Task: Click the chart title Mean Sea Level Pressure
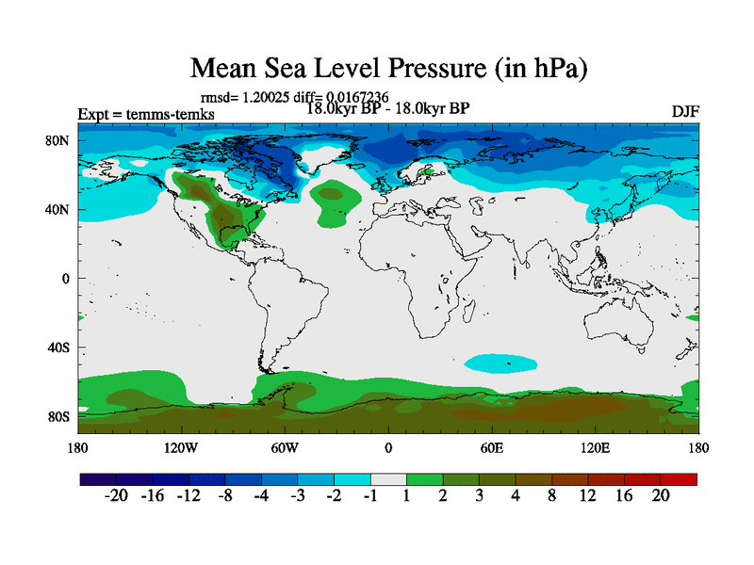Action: click(x=389, y=69)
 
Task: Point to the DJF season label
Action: click(x=685, y=112)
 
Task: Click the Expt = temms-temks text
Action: click(x=146, y=115)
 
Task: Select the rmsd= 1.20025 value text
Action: click(x=241, y=97)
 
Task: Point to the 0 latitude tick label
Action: click(x=66, y=279)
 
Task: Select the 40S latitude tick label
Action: click(x=59, y=347)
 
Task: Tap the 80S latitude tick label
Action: click(x=59, y=416)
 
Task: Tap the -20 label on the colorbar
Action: click(x=116, y=498)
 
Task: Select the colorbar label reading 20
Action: click(x=660, y=498)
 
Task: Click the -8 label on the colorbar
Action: click(x=224, y=498)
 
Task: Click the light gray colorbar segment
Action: click(x=388, y=479)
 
